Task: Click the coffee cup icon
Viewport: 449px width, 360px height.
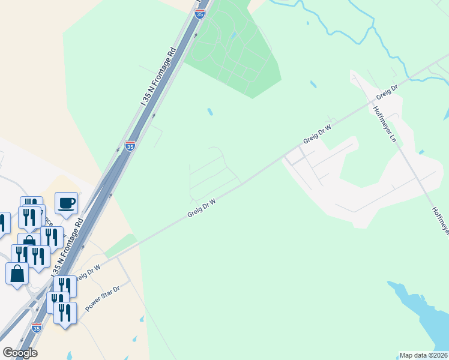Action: coord(66,202)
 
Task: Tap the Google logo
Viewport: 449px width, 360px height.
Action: coord(20,353)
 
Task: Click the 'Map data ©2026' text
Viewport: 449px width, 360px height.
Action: coord(424,355)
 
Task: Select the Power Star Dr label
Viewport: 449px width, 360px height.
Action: coord(103,298)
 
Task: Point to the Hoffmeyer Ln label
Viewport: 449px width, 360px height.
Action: coord(385,124)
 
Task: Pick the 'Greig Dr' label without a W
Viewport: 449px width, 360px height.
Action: coord(387,92)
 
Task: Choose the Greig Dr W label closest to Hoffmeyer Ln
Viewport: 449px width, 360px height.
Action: coord(318,133)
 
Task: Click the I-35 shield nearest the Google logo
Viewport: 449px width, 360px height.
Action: coord(37,328)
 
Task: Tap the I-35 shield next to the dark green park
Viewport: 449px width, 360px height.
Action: coord(200,14)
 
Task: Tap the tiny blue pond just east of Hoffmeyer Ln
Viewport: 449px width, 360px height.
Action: coord(421,152)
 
